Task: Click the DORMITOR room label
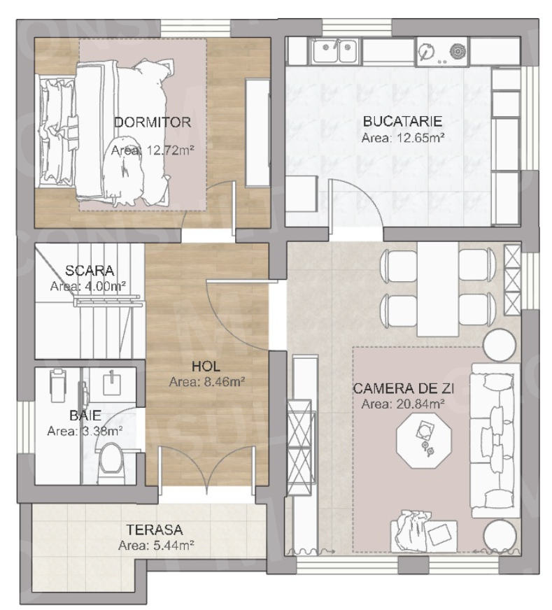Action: point(153,122)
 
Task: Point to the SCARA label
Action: point(89,271)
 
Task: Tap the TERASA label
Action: point(155,530)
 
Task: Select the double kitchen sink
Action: point(334,50)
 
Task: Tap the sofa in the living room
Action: point(495,439)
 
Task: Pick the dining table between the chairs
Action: point(437,288)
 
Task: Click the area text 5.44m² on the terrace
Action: point(155,546)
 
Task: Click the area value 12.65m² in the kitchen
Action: point(403,138)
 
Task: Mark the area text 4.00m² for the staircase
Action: point(88,286)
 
